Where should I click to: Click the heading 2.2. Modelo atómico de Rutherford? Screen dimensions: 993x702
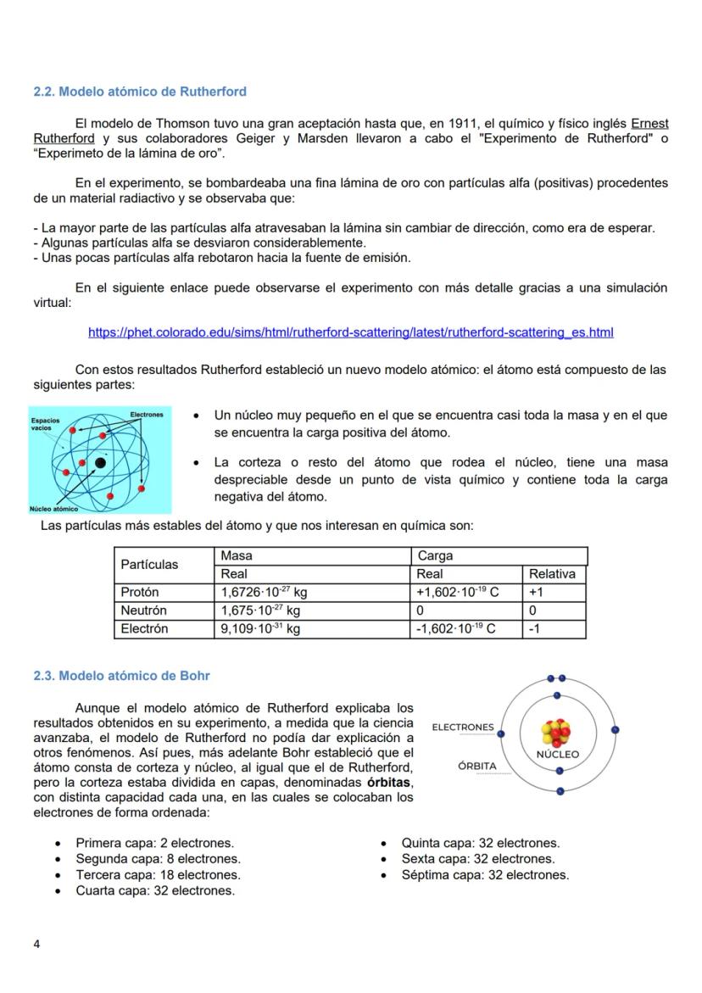coord(140,91)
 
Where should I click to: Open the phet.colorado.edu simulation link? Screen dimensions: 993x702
coord(350,332)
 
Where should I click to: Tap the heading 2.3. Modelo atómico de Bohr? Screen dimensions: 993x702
coord(121,676)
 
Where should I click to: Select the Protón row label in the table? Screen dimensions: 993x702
coord(140,592)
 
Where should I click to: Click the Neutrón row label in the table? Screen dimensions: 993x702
coord(144,611)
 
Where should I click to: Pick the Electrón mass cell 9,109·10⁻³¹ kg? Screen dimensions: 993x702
coord(260,629)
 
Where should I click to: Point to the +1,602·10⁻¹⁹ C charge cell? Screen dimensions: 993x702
coord(456,592)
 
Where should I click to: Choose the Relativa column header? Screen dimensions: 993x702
coord(552,574)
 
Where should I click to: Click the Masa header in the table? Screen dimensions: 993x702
coord(237,556)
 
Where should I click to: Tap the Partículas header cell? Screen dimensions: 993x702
coord(150,565)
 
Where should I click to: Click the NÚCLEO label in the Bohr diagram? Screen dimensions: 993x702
coord(557,754)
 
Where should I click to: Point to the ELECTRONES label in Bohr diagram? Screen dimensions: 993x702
coord(462,728)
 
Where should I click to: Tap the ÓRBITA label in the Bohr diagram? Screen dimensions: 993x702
coord(476,766)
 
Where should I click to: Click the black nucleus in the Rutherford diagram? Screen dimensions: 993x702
coord(100,462)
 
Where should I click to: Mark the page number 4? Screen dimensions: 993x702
coord(36,944)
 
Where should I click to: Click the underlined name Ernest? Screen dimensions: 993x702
coord(649,124)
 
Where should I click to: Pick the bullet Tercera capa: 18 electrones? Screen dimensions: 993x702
coord(158,874)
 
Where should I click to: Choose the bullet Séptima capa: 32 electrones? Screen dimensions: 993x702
coord(485,874)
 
